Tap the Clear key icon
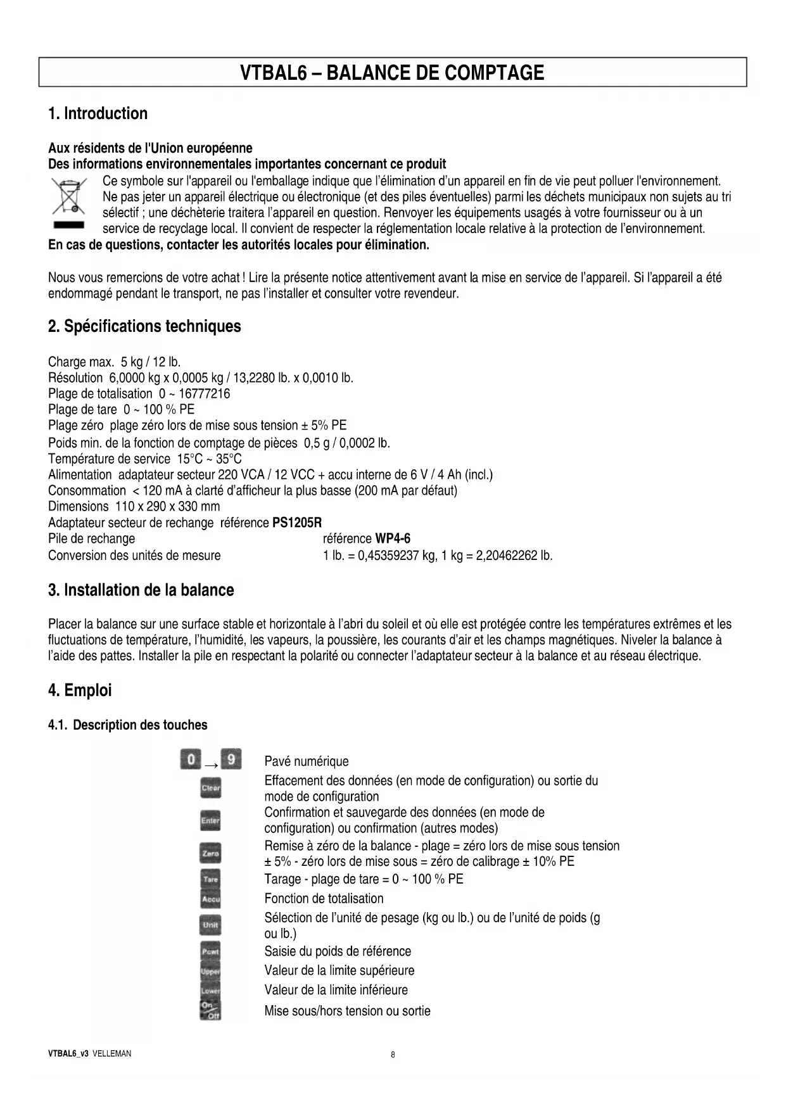point(210,789)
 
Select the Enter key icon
point(210,821)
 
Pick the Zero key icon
point(210,853)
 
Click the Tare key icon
point(210,879)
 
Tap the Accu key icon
point(210,898)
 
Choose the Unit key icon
point(210,925)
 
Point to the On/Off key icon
point(210,1010)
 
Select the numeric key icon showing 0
point(191,759)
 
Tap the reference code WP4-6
point(393,538)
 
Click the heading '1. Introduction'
point(98,113)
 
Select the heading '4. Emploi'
point(80,690)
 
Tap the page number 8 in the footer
point(393,1055)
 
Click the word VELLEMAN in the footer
point(111,1054)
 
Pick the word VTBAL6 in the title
point(273,72)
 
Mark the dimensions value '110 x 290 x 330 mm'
point(167,506)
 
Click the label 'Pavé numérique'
point(307,761)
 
